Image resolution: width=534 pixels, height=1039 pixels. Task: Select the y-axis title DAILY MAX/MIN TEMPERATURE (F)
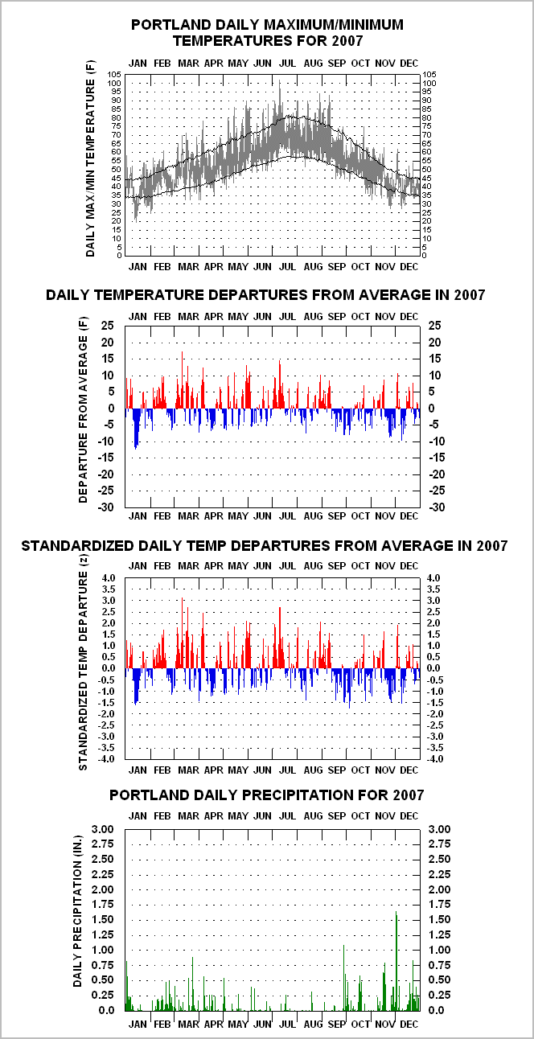pos(90,158)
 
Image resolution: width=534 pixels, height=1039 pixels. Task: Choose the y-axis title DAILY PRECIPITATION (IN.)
pos(77,911)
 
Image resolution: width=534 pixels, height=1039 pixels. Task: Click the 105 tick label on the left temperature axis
pos(114,74)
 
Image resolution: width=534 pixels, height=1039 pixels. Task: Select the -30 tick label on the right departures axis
pos(436,507)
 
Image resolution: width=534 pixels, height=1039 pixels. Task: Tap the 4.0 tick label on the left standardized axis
pos(108,578)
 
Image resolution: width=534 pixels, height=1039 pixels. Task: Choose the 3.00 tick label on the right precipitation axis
pos(439,829)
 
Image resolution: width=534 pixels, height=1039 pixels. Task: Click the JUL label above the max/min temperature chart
pos(288,63)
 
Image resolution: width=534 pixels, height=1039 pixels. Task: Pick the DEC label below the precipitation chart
pos(409,1024)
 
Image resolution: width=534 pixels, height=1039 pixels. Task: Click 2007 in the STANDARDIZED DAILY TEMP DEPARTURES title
pos(492,545)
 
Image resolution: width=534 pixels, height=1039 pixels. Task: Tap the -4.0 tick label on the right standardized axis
pos(435,759)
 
